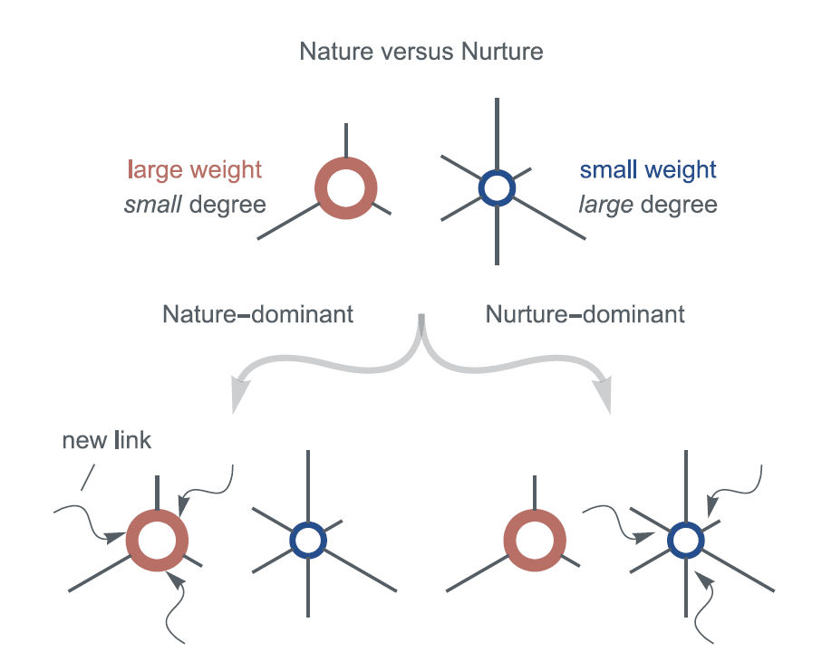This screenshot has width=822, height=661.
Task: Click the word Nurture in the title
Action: click(502, 52)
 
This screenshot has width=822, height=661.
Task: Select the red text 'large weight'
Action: click(195, 170)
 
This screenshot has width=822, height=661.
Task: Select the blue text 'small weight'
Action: click(648, 170)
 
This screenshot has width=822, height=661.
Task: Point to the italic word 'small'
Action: click(153, 205)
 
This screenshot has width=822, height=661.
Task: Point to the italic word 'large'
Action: click(606, 206)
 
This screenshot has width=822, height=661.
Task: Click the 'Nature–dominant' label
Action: click(258, 314)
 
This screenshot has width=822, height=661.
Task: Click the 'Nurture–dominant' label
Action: click(585, 314)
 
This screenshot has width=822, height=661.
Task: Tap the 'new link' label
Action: click(106, 440)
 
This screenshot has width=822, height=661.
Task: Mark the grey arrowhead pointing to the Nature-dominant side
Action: click(239, 396)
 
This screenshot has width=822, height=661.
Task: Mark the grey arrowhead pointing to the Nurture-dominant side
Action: click(604, 396)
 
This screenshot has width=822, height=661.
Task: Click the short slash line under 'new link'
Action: click(88, 477)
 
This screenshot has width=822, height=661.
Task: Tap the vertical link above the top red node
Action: click(346, 140)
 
